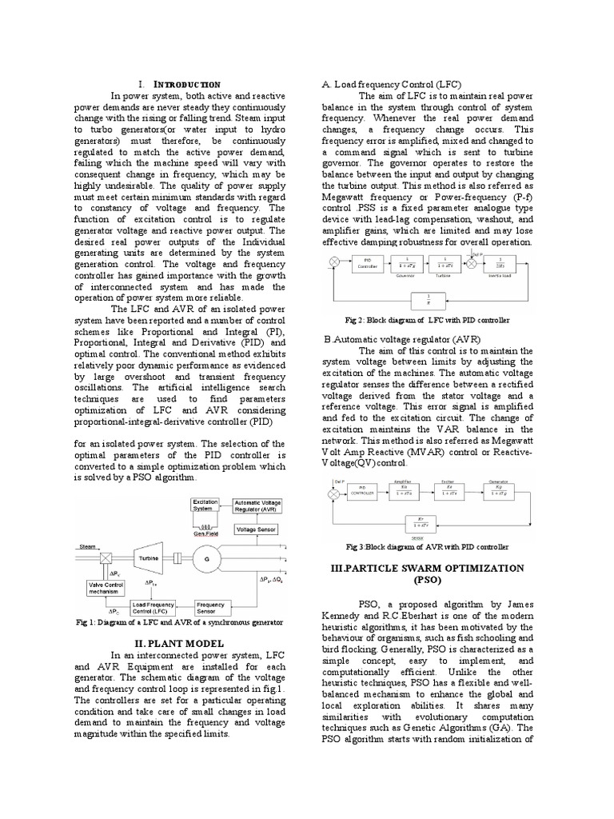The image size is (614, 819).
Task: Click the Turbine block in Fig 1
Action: (x=152, y=559)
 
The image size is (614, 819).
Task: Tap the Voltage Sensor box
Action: (x=256, y=529)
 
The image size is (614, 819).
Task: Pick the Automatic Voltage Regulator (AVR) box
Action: (x=257, y=505)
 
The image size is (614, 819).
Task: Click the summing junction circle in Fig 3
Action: (x=333, y=493)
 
